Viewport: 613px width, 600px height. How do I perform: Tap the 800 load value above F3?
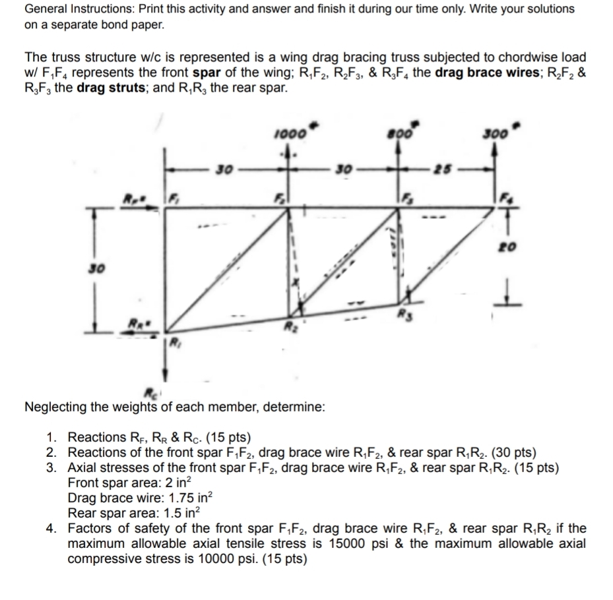point(400,131)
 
